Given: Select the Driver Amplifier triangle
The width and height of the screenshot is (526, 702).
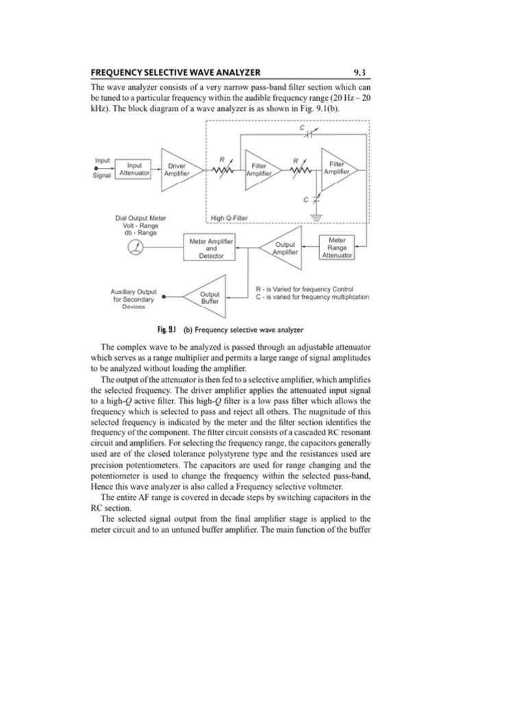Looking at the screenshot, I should [x=176, y=169].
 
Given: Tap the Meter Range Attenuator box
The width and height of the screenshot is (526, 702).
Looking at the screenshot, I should [x=337, y=247].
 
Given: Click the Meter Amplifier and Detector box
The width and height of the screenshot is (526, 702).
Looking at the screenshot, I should [x=211, y=248].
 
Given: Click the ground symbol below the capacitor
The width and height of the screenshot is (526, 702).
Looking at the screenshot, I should [x=316, y=214].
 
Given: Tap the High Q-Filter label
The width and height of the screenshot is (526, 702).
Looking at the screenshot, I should [x=229, y=218].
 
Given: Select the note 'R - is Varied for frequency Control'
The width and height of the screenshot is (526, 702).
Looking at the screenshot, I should [x=304, y=289].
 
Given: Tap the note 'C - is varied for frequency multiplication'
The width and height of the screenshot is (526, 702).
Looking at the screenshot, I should [x=312, y=297].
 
